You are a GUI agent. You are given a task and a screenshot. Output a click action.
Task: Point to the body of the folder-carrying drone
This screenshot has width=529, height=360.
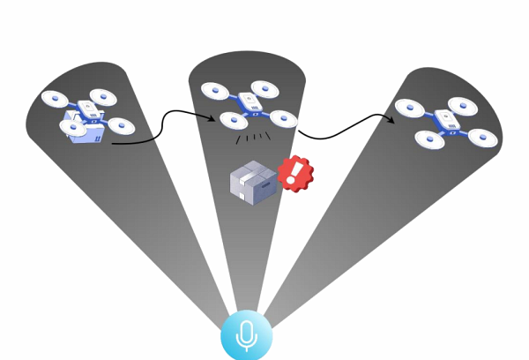pyautogui.click(x=92, y=110)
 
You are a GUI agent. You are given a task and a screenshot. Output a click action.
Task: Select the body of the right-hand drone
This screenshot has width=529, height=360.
pyautogui.click(x=447, y=122)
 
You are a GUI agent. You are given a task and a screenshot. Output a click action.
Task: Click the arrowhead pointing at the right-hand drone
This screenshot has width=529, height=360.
pyautogui.click(x=391, y=119)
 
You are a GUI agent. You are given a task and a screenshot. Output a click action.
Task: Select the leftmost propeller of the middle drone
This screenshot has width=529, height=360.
pyautogui.click(x=213, y=89)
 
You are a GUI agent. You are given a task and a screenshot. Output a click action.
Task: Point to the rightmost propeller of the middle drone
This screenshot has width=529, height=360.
pyautogui.click(x=284, y=118)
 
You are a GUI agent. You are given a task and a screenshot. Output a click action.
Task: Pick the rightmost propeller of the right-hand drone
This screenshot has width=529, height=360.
pyautogui.click(x=483, y=138)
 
